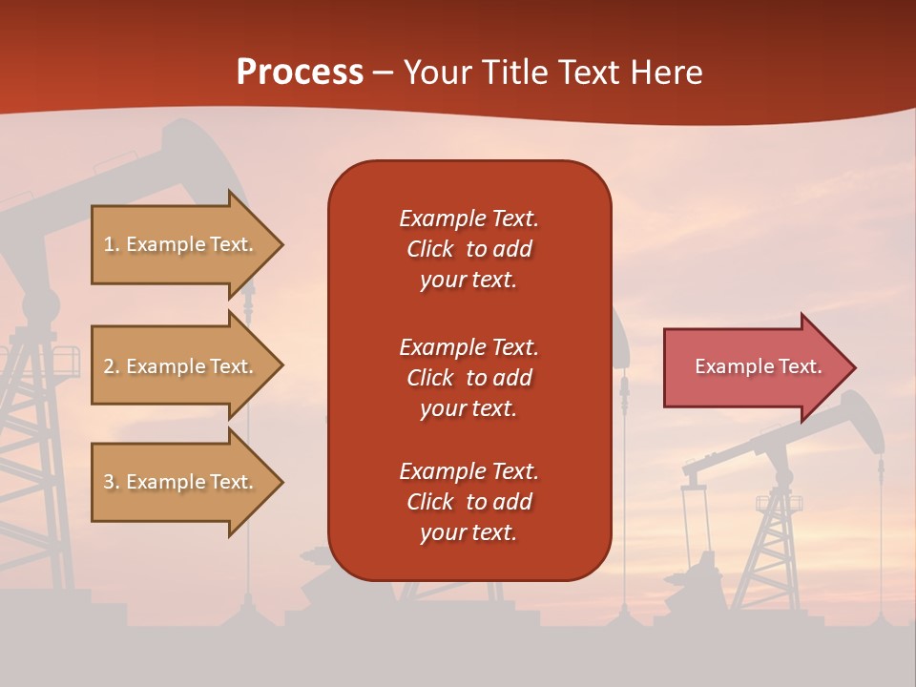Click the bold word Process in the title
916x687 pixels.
coord(300,73)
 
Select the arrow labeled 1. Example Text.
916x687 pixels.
coord(181,244)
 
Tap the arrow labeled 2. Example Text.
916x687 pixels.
coord(181,366)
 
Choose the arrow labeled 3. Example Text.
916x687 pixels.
coord(181,482)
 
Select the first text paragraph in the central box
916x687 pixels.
coord(468,249)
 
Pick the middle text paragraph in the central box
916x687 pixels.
coord(468,377)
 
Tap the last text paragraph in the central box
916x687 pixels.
coord(468,502)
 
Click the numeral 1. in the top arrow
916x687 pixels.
coord(112,244)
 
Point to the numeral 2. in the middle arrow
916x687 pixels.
coord(112,366)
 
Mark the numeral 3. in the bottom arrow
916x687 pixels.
coord(112,482)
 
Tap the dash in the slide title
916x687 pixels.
coord(383,73)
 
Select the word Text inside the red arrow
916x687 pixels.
coord(800,366)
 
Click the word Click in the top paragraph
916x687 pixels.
coord(430,249)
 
